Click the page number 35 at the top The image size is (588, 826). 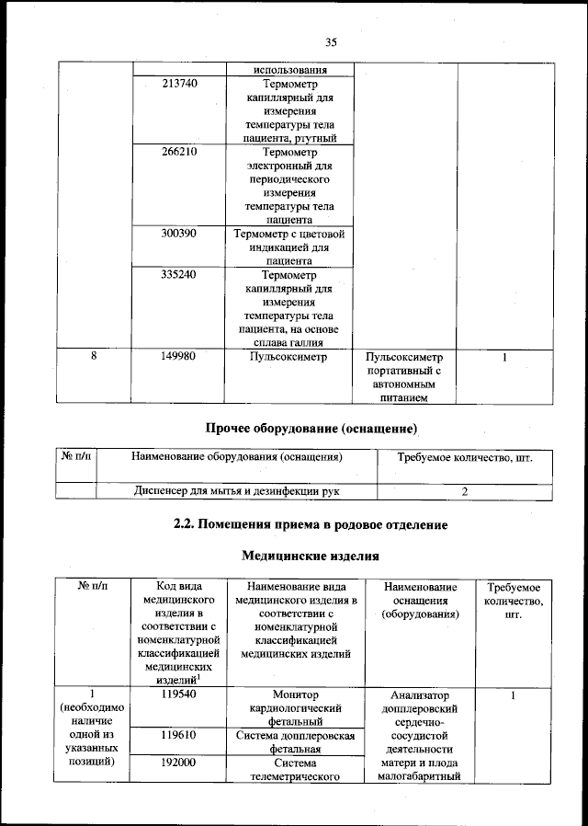[x=332, y=41]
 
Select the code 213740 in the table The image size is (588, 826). [x=179, y=83]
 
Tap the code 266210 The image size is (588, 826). [x=179, y=152]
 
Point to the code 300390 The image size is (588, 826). [x=179, y=234]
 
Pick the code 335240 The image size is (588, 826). [x=179, y=275]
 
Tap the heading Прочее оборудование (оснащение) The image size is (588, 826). [x=310, y=429]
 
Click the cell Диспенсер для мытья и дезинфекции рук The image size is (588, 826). [x=236, y=492]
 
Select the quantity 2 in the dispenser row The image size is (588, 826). [x=465, y=492]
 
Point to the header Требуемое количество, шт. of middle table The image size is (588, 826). [x=464, y=457]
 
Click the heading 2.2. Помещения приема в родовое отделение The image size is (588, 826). [x=310, y=525]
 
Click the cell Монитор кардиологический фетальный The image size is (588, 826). [x=296, y=708]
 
